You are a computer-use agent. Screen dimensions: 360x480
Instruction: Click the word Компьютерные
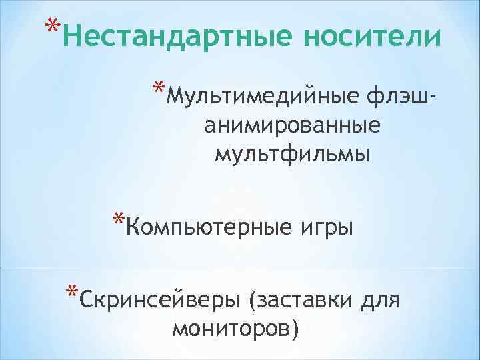207,228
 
